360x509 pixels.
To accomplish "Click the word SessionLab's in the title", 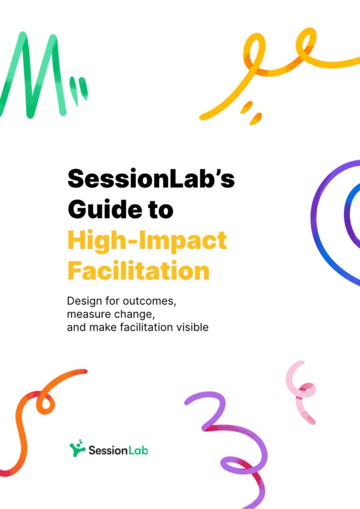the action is (x=151, y=178).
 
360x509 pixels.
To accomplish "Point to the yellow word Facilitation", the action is (x=139, y=270).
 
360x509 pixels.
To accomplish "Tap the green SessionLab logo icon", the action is (x=77, y=448).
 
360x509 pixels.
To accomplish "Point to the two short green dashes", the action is (x=79, y=91).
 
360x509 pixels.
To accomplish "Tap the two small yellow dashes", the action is (x=251, y=112).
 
